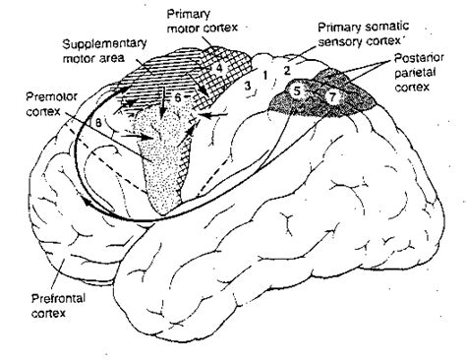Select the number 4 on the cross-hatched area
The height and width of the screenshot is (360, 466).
point(221,68)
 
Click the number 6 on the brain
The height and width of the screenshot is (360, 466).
point(177,100)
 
